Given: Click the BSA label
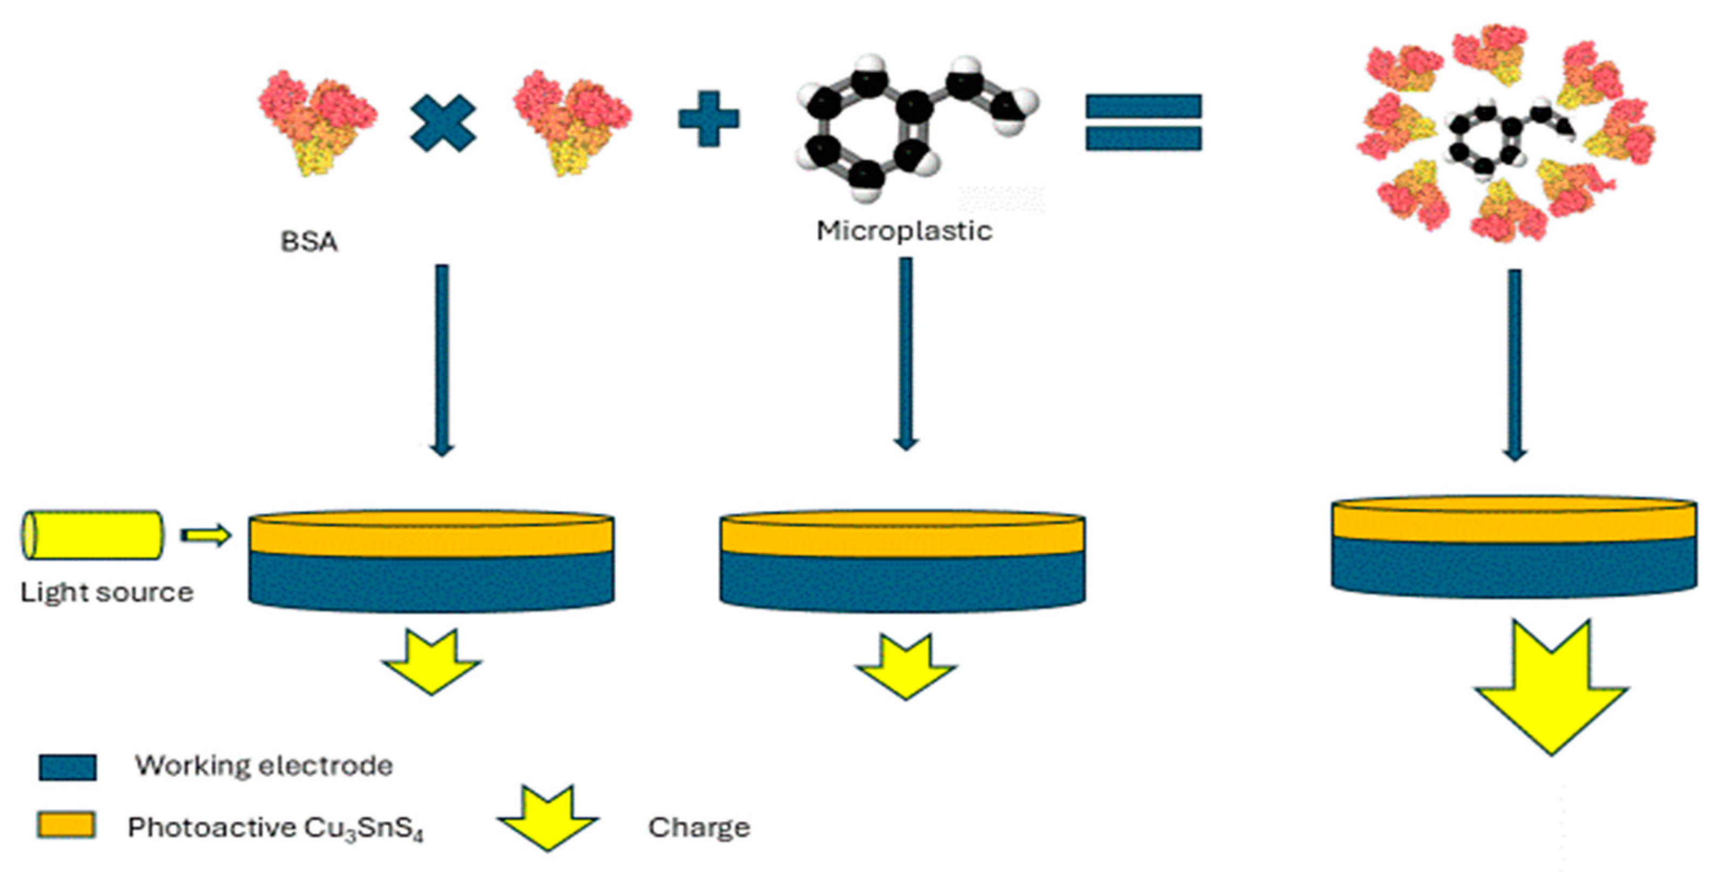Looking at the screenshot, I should (309, 242).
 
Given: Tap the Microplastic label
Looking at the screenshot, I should (904, 231).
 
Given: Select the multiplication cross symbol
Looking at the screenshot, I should (443, 123).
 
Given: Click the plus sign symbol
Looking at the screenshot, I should (708, 119).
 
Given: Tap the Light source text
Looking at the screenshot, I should (106, 592).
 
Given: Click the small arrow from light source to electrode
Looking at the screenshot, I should (206, 535).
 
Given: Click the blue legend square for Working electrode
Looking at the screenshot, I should (68, 767).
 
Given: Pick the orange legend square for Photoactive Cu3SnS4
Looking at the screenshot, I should (66, 826).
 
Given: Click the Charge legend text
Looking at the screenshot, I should (699, 827).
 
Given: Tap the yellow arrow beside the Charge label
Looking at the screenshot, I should (548, 819).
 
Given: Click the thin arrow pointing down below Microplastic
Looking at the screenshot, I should (906, 353).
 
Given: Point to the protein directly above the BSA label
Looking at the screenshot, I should (317, 123).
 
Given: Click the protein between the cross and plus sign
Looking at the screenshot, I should (571, 123).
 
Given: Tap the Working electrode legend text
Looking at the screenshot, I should (264, 766).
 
